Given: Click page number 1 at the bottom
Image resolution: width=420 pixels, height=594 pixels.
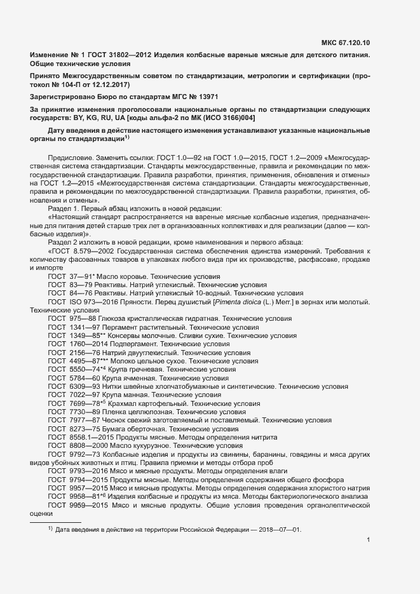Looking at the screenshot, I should click(369, 541).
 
